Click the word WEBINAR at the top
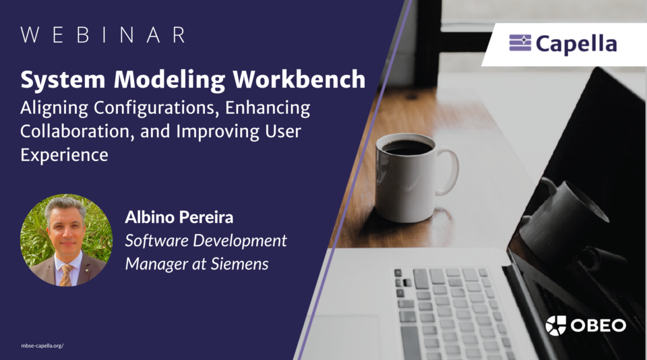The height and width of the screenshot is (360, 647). [103, 36]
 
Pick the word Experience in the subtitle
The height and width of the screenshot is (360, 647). [64, 154]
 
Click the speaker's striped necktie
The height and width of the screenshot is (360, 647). [66, 274]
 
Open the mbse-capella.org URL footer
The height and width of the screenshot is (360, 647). [42, 346]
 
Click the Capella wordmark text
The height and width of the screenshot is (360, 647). [576, 44]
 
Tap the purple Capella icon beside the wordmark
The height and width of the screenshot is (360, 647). [520, 44]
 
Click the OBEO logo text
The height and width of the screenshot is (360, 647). [598, 326]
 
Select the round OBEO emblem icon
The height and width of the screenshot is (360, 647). [556, 326]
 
